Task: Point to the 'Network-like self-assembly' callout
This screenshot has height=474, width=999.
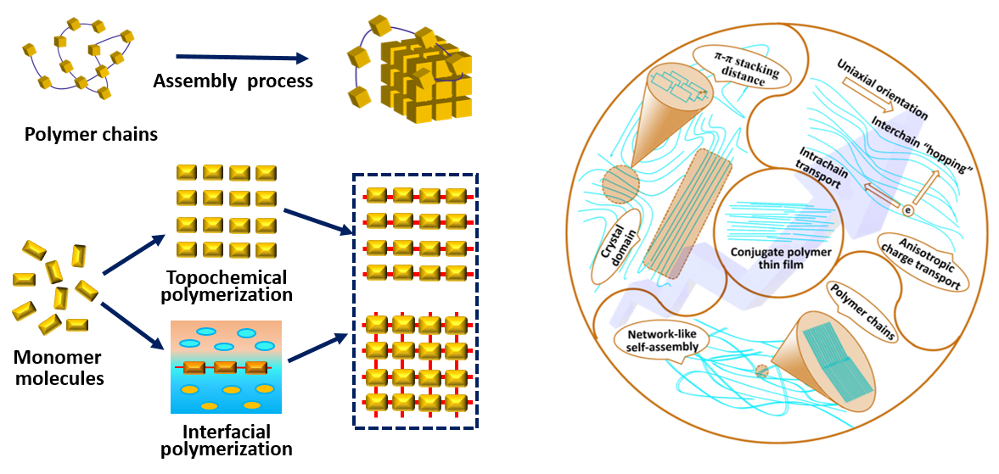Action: [658, 342]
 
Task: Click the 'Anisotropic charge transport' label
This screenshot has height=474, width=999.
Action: [923, 260]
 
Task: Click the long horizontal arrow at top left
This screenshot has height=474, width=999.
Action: [241, 58]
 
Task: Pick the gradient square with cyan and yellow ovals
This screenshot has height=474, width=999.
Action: [226, 366]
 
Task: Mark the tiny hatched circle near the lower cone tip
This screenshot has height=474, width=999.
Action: [761, 371]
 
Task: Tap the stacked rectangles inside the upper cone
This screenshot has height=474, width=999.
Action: [679, 87]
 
